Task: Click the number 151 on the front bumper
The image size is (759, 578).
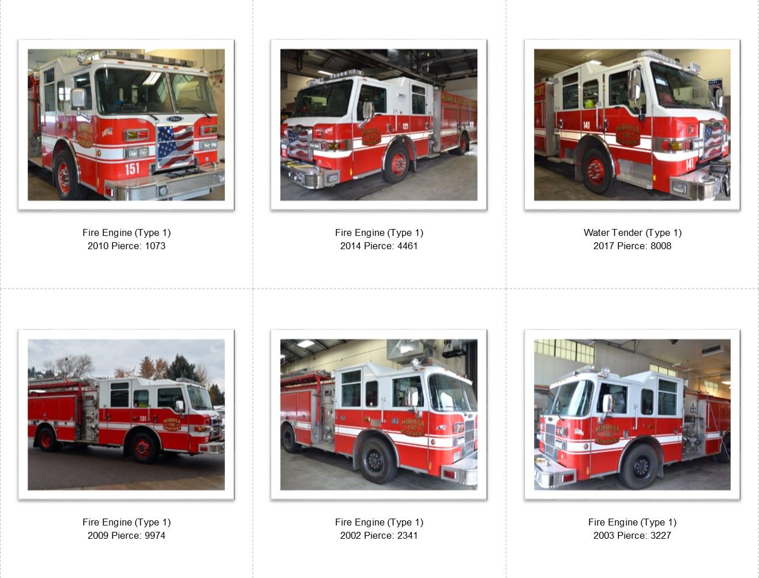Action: click(x=132, y=168)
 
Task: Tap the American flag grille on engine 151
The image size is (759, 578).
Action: click(x=175, y=147)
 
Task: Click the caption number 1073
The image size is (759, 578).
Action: click(x=155, y=246)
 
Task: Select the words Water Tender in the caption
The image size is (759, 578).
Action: click(x=613, y=232)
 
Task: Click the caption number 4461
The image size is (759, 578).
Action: click(x=408, y=246)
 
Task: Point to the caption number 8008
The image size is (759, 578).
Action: click(x=661, y=246)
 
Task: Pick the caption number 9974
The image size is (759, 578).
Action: click(x=155, y=535)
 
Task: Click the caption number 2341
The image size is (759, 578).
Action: click(x=408, y=535)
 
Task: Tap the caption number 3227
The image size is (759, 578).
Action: click(x=661, y=535)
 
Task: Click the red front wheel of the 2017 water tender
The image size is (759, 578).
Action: click(x=596, y=171)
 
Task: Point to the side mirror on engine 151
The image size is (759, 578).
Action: click(x=78, y=100)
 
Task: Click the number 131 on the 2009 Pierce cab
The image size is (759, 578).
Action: click(x=143, y=419)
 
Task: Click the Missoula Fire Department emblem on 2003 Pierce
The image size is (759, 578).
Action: click(x=607, y=434)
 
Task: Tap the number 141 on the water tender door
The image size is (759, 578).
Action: click(x=587, y=125)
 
